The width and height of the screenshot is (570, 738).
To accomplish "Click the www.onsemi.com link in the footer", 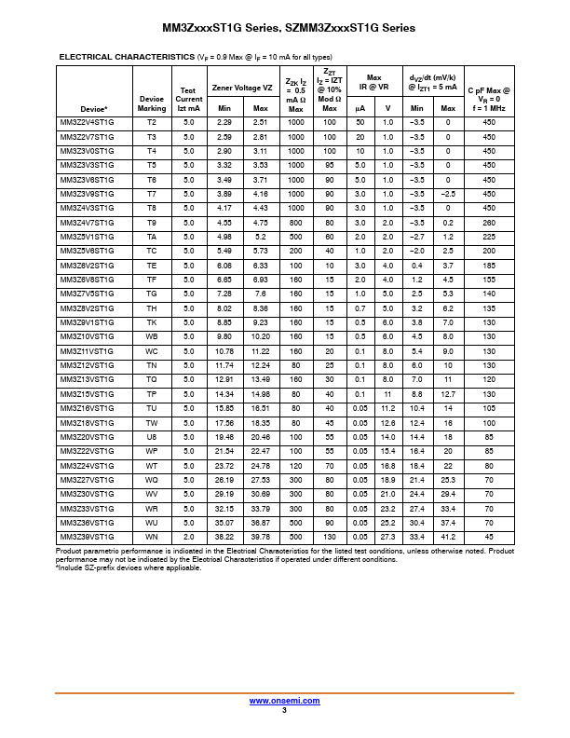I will tap(284, 700).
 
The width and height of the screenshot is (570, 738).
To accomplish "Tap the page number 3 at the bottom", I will tap(284, 710).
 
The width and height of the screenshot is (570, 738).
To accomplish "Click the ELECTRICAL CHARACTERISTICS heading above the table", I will tap(127, 57).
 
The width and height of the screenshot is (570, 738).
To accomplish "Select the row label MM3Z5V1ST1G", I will tap(88, 237).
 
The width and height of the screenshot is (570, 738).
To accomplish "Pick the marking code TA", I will tap(152, 237).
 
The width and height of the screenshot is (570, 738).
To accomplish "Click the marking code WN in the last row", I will tap(152, 537).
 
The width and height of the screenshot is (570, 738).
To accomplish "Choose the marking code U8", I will tap(152, 437).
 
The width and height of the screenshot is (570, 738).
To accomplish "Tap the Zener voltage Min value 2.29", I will tap(224, 122).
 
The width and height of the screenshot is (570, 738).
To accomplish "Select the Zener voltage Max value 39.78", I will tap(261, 537).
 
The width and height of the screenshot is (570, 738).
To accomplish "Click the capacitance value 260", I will tap(490, 223).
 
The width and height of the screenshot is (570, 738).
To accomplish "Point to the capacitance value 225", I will tap(490, 237).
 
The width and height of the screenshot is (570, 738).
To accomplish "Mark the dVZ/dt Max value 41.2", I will tap(448, 537).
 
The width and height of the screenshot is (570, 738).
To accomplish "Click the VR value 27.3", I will tap(388, 537).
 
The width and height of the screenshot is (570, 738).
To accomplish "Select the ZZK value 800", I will tap(296, 223).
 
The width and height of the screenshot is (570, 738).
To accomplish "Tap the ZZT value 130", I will tap(330, 537).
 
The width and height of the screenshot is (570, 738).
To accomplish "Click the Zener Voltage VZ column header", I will tap(242, 88).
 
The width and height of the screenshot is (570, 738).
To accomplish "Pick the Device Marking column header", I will tap(152, 102).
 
